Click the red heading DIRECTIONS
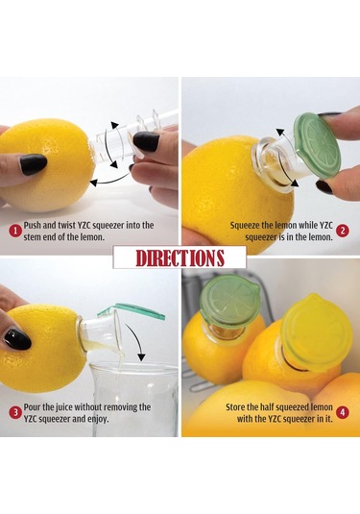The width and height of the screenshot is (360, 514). point(180,257)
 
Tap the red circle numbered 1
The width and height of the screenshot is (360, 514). point(15,231)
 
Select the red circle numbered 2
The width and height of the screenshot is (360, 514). point(343,231)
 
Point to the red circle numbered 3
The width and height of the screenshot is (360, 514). point(15,413)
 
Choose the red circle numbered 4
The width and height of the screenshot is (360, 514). point(343,413)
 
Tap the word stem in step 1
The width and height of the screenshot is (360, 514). point(38,237)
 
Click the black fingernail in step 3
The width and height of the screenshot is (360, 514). point(16,338)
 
